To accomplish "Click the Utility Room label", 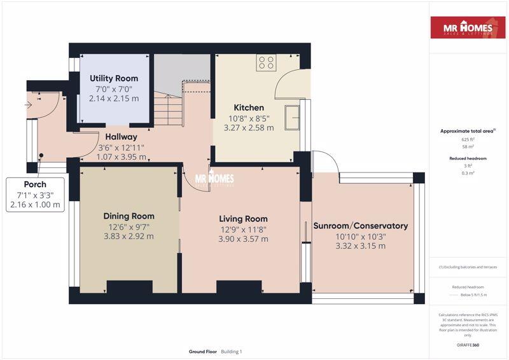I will (114, 78).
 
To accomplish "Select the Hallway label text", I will (121, 136).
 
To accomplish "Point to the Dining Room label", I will (129, 216).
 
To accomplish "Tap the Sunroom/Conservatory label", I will (360, 226).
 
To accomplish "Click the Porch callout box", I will (35, 195).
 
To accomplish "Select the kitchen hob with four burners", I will (266, 62).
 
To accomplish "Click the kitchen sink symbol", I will (293, 117).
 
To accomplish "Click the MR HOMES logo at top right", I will (468, 28).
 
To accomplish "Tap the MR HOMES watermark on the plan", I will (214, 179).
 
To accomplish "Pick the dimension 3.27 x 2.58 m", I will (248, 127).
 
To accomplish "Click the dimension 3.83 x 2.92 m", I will (129, 236).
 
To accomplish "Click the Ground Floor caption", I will (203, 352).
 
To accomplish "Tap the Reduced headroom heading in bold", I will (468, 158).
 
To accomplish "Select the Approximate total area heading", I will (468, 131).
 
